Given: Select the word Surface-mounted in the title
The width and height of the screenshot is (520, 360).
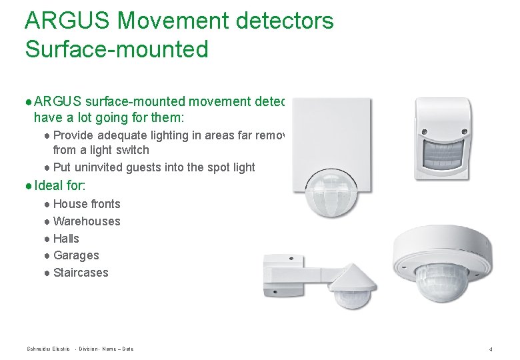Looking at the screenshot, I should [x=116, y=49].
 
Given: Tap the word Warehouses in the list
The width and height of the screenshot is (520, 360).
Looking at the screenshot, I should [x=87, y=221].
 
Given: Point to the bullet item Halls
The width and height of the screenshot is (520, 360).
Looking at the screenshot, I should [x=66, y=239].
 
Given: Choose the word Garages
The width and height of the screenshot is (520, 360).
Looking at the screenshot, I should [x=76, y=255].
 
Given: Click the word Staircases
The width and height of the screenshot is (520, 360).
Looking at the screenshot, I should [x=81, y=273].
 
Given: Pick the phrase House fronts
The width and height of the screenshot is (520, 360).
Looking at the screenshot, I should [x=87, y=204].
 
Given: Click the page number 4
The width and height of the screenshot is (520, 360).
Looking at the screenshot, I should [x=490, y=349].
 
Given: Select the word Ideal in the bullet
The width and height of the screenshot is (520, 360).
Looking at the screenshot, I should [x=48, y=186].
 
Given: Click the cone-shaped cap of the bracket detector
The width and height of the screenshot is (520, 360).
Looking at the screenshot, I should [x=354, y=279].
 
